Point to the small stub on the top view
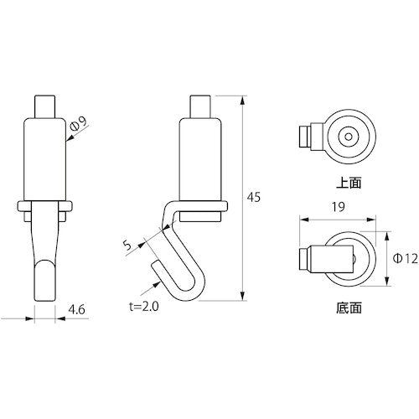pyautogui.click(x=307, y=135)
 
